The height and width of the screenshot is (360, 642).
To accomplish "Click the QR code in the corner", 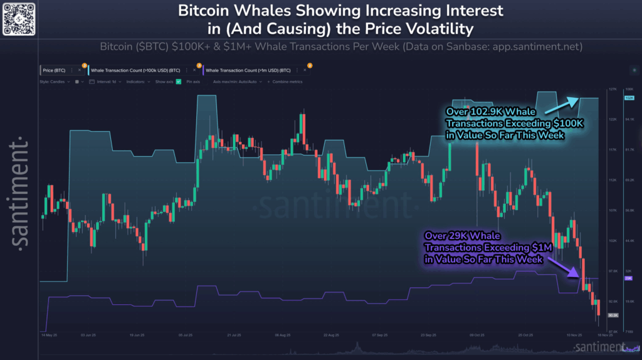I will coord(18,18).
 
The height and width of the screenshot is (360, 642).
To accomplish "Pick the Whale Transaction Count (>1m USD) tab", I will coord(248,70).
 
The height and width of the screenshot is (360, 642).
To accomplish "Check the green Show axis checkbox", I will coord(179,82).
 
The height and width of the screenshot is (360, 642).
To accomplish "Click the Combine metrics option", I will coord(288,82).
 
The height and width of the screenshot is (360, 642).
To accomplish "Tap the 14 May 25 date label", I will coord(51,335).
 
